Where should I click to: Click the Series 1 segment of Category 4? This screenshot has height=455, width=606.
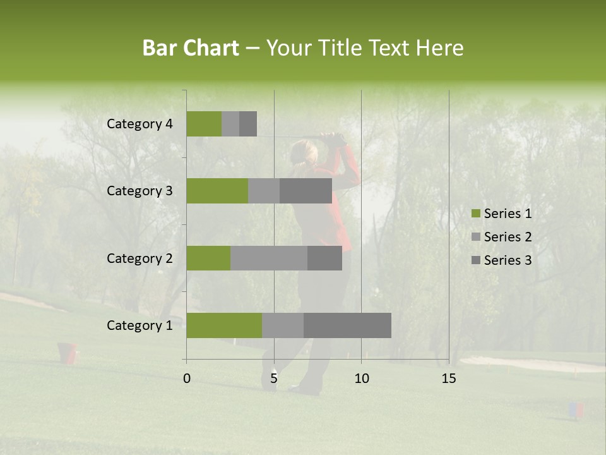click(204, 124)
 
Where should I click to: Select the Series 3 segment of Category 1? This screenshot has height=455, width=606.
click(347, 325)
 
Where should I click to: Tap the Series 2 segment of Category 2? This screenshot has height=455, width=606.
click(269, 258)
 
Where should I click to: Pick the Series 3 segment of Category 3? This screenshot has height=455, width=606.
click(306, 191)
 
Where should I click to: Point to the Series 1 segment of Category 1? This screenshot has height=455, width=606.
click(224, 325)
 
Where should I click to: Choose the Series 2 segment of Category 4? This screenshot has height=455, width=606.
click(230, 124)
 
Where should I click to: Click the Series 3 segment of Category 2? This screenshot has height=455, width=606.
click(324, 258)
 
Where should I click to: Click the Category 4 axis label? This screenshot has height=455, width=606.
click(140, 124)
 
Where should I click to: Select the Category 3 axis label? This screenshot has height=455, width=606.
click(140, 191)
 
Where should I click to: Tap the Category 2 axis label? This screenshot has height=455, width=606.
click(140, 258)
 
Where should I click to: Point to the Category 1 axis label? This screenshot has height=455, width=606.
click(140, 325)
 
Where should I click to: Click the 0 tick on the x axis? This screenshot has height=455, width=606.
click(187, 379)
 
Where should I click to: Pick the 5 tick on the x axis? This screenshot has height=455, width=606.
click(274, 379)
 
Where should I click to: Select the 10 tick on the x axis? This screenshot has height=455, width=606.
click(361, 379)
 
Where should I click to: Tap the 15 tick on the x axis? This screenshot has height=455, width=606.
click(448, 379)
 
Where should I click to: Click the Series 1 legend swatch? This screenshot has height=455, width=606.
click(475, 214)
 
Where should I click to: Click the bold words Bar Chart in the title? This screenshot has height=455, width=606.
click(191, 48)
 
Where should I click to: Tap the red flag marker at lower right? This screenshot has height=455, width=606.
click(576, 410)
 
